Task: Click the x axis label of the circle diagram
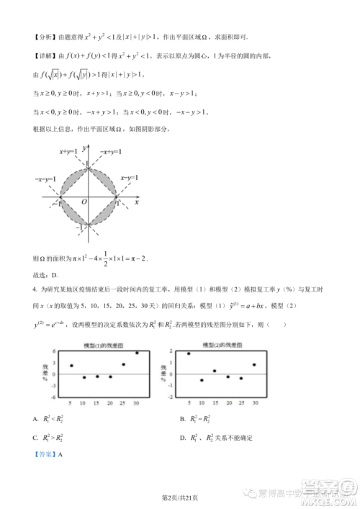point(136,203)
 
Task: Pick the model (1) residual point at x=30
point(137,353)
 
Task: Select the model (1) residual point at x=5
point(71,366)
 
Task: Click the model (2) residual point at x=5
point(189,353)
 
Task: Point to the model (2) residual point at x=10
point(202,380)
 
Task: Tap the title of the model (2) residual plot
point(221,346)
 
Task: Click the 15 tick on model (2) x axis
point(215,403)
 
